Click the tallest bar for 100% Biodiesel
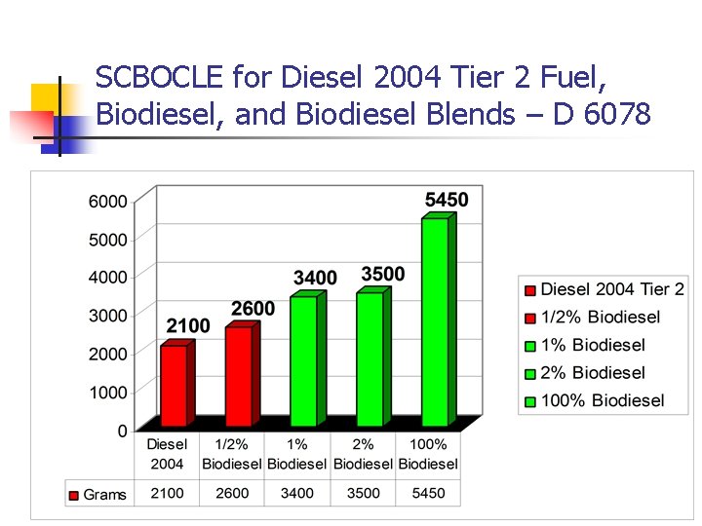[435, 321]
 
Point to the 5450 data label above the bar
[447, 200]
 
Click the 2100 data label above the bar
[188, 325]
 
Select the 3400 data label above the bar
[315, 279]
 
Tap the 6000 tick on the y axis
[108, 202]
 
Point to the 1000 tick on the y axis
[108, 393]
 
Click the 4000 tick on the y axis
[108, 278]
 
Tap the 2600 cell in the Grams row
[232, 494]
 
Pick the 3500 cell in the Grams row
[363, 494]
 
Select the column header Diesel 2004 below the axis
[167, 454]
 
